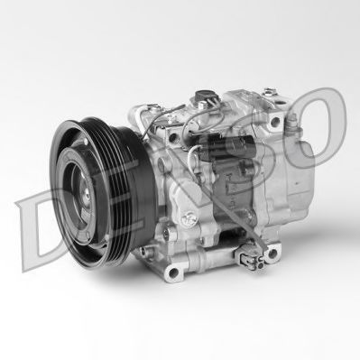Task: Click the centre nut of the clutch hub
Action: coord(88,195)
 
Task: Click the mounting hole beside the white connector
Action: coord(272,254)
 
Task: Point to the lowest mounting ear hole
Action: coord(173,272)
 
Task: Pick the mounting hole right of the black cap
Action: coord(275,122)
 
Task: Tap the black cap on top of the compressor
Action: coord(205,96)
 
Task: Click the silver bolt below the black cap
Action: coord(201,106)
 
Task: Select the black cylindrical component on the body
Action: coord(228,147)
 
